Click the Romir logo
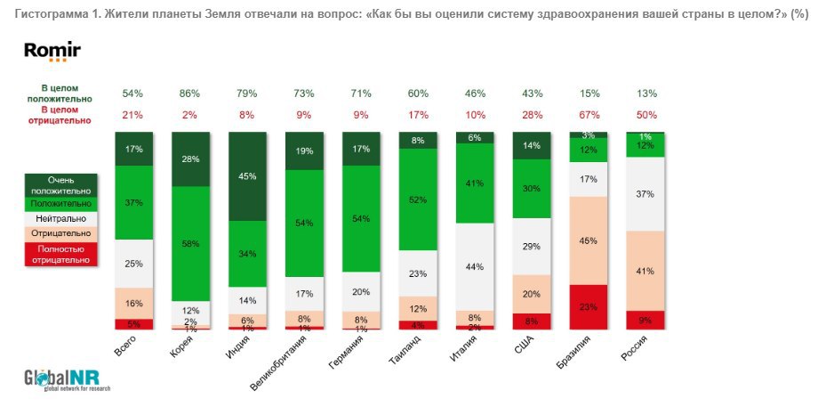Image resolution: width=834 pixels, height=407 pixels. pos(52,53)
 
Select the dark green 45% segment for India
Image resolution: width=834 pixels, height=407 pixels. pos(248,175)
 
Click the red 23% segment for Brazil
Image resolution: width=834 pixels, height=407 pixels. pos(589,306)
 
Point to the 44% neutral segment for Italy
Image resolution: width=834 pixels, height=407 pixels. pos(475,266)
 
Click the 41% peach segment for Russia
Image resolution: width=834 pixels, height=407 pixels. pos(645,271)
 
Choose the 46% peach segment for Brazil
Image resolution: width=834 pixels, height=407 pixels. pos(589,240)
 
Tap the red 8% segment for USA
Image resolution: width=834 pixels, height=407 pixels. pos(532,322)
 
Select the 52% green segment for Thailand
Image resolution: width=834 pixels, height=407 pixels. pos(418,199)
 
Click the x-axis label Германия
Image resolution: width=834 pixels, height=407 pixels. pos(347,352)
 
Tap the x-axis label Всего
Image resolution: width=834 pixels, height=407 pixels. pos(125,347)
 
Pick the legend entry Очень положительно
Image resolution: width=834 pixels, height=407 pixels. pos(60,184)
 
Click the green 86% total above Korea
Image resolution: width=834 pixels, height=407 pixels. pos(189,94)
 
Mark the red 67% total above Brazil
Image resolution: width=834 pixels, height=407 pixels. pos(589,114)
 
